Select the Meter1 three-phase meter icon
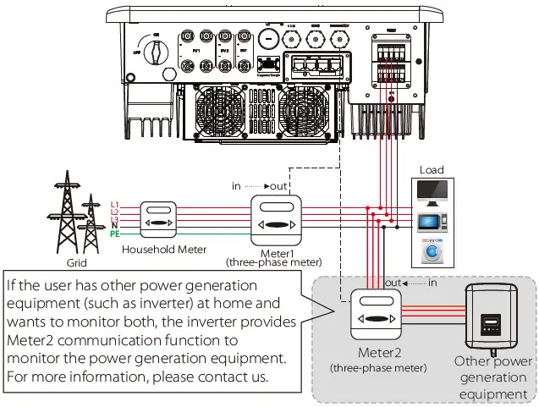(x=276, y=217)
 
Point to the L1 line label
(x=114, y=204)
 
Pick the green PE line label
(x=114, y=233)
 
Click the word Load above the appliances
(x=432, y=170)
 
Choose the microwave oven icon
(x=432, y=223)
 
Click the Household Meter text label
(x=164, y=250)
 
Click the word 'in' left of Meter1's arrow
(x=236, y=185)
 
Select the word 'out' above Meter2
(x=393, y=282)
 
